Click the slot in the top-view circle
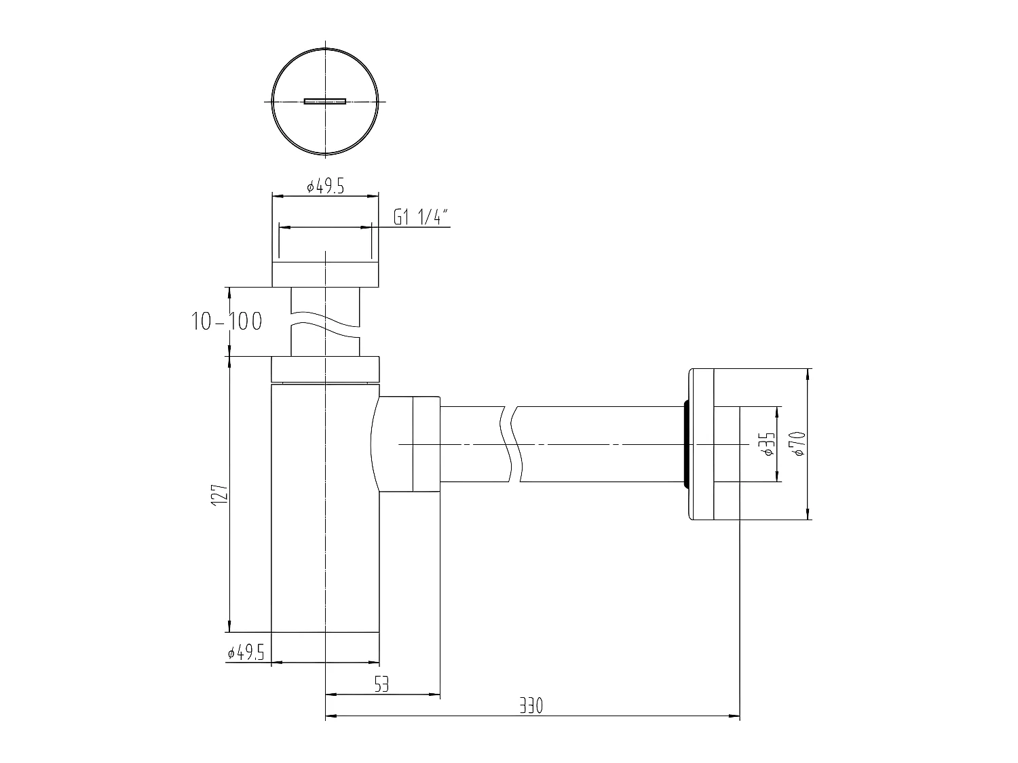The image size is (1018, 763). pos(325,102)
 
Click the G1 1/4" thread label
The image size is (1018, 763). pos(421,218)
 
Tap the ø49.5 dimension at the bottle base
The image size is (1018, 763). pos(246,652)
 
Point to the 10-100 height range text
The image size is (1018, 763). pos(227,321)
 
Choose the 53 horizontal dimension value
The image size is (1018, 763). pos(381,686)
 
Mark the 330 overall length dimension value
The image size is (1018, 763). pos(532,707)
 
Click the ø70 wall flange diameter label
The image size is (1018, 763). pos(797,444)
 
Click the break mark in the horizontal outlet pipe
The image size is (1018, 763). pos(513,444)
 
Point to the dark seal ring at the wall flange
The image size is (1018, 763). pos(686,444)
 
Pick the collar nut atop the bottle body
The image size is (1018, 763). pos(325,370)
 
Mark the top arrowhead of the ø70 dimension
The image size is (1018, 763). pos(808,374)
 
